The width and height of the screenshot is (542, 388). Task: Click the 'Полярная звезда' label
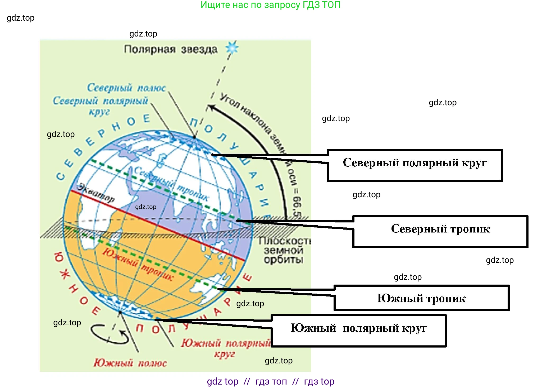171,49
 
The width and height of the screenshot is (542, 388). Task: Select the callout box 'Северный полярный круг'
415,165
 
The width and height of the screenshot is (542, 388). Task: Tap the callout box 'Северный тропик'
440,231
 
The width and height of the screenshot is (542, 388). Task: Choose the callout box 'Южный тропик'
421,298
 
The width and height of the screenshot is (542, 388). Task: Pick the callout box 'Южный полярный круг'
359,331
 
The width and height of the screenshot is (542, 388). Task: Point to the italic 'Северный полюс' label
126,88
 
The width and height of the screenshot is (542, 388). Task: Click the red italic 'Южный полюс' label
130,363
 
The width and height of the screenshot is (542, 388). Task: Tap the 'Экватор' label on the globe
96,193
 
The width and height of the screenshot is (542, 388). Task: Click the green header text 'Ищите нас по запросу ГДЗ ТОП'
270,5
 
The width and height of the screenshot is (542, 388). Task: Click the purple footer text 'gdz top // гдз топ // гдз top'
270,381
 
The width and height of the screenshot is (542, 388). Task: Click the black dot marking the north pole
194,137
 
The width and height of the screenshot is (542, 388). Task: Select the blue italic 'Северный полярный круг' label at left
100,105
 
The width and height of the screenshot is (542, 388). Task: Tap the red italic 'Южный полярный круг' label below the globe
225,348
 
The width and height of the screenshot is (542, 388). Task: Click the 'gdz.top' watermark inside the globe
145,207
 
